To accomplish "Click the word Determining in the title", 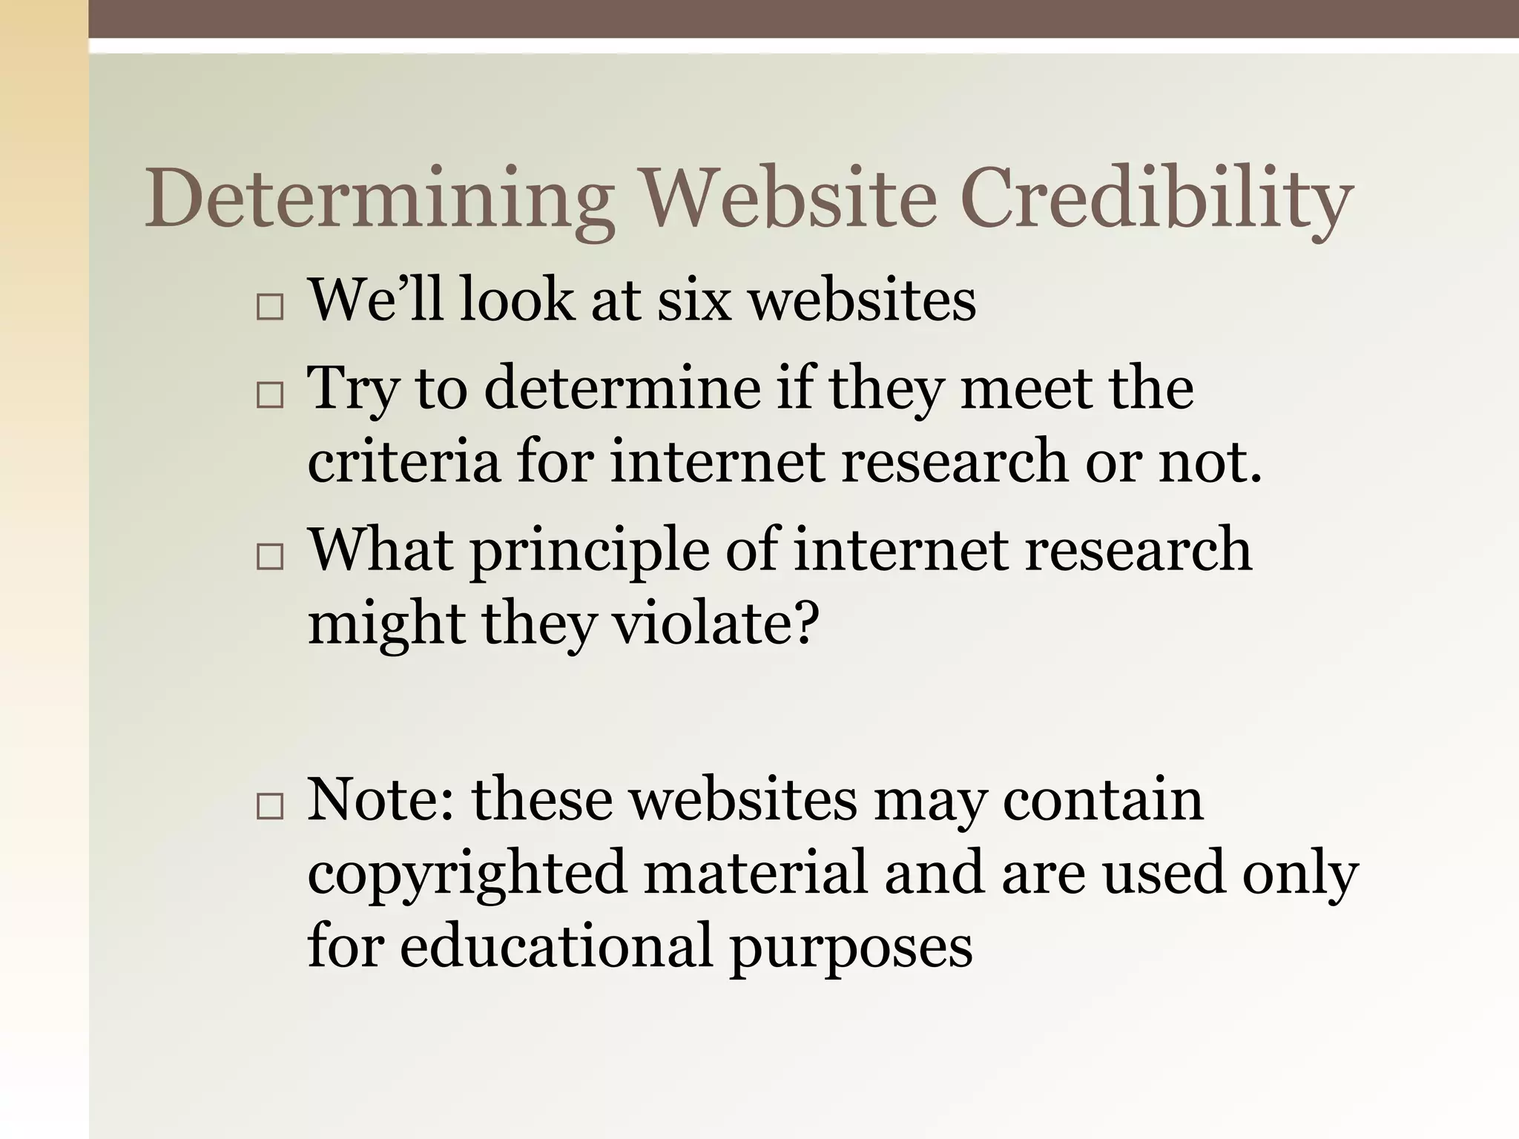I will coord(378,199).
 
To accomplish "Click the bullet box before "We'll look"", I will coord(269,306).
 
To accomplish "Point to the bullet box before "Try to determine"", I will coord(269,395).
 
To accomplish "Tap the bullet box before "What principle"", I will coord(269,557).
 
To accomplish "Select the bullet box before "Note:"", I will coord(269,806).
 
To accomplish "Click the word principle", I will coord(590,550).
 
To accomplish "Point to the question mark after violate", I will coord(805,623).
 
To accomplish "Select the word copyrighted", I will coord(467,874).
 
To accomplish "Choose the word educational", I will coord(556,946).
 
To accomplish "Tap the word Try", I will coord(354,389).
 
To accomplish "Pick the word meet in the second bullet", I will coord(1026,389).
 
